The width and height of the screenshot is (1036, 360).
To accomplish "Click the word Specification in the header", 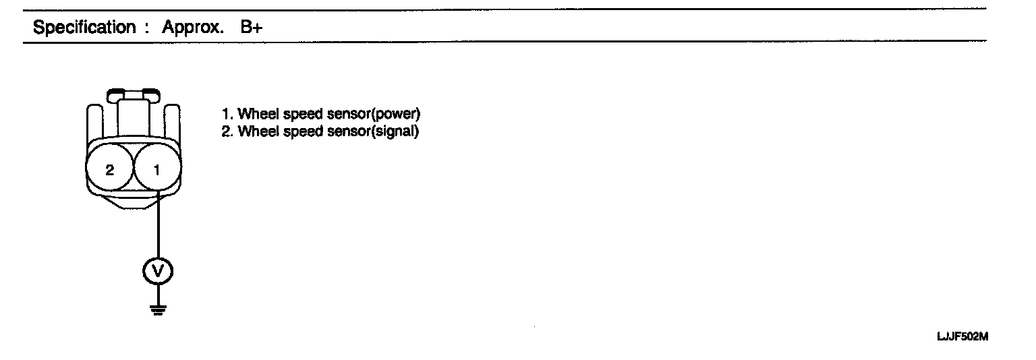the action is pyautogui.click(x=84, y=28).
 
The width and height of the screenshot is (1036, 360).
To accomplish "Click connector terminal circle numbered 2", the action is pyautogui.click(x=110, y=169).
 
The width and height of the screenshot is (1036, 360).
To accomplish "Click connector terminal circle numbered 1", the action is pyautogui.click(x=157, y=169).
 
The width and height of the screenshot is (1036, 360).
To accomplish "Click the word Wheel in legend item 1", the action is pyautogui.click(x=256, y=114).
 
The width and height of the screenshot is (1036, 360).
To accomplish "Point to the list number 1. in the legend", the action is pyautogui.click(x=227, y=114).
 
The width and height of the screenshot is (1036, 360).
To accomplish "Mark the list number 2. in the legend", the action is pyautogui.click(x=227, y=131).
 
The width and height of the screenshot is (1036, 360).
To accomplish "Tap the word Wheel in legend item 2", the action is pyautogui.click(x=256, y=131).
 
